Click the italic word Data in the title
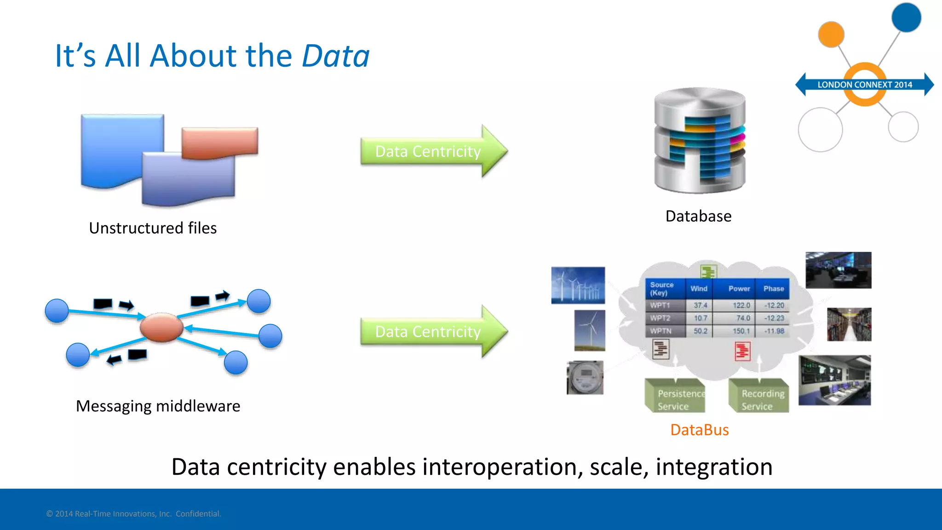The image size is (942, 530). [x=335, y=56]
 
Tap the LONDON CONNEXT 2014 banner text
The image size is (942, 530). [x=864, y=85]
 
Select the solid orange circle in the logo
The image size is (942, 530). [x=831, y=35]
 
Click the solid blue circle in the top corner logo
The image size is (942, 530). [x=906, y=17]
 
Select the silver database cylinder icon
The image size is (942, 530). [x=700, y=140]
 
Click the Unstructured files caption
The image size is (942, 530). [x=153, y=228]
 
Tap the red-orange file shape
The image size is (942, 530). [x=219, y=142]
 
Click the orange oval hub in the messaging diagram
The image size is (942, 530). [x=161, y=327]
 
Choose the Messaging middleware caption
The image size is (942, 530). [x=158, y=406]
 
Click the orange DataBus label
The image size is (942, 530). [x=699, y=430]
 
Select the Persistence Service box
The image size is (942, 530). [x=675, y=396]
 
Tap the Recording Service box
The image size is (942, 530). [x=759, y=396]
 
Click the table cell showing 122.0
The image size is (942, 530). [x=741, y=305]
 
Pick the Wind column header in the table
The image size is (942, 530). [x=699, y=289]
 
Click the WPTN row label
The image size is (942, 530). [x=661, y=331]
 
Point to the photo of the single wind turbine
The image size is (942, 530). [x=590, y=330]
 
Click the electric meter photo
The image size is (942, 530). [x=585, y=378]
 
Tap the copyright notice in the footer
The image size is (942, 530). [x=133, y=514]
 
